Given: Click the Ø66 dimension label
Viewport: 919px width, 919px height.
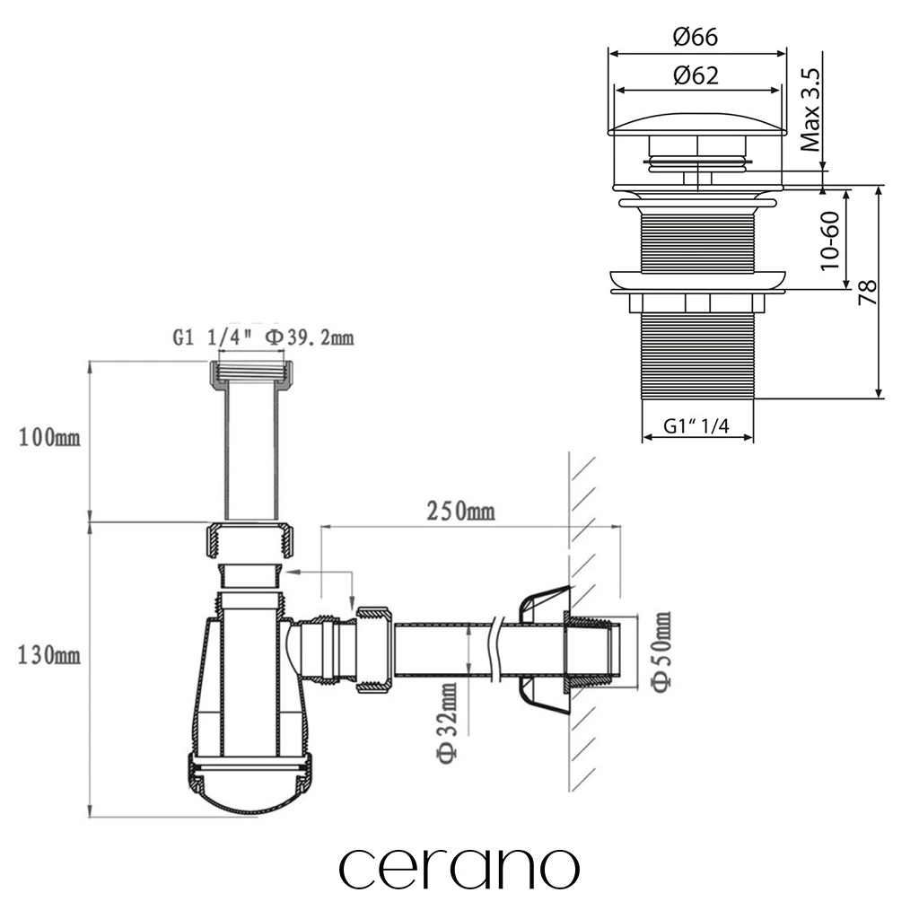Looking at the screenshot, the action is coord(696,37).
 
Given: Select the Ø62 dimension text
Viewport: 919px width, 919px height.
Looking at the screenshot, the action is coord(696,75).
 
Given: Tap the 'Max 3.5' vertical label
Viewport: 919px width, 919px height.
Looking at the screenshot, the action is coord(811,109).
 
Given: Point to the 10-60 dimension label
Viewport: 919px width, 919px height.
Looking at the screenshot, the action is coord(830,241).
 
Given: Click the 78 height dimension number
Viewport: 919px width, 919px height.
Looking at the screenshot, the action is coord(868,292).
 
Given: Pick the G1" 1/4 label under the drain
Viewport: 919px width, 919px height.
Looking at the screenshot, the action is coord(696,425).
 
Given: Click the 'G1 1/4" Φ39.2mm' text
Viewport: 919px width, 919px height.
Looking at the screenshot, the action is coord(263,337).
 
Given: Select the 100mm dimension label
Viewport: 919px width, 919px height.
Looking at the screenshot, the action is coord(49,437).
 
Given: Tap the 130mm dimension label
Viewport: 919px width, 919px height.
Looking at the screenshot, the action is coord(49,654).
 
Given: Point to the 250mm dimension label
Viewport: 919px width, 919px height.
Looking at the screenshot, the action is coord(460,511).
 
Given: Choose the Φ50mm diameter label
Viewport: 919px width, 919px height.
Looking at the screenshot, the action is coord(661,652).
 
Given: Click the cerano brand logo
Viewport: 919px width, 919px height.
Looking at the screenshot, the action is coord(459,869).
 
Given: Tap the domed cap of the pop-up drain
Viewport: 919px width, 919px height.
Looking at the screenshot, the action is coord(697,125).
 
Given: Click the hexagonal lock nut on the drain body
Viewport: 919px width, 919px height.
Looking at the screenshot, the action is coord(696,303).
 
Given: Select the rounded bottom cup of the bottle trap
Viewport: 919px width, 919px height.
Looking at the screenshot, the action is coord(249,784).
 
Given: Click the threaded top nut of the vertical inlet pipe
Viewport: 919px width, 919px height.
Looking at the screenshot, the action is coord(250,374).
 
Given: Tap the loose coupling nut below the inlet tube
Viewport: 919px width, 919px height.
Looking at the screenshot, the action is coord(250,541).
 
